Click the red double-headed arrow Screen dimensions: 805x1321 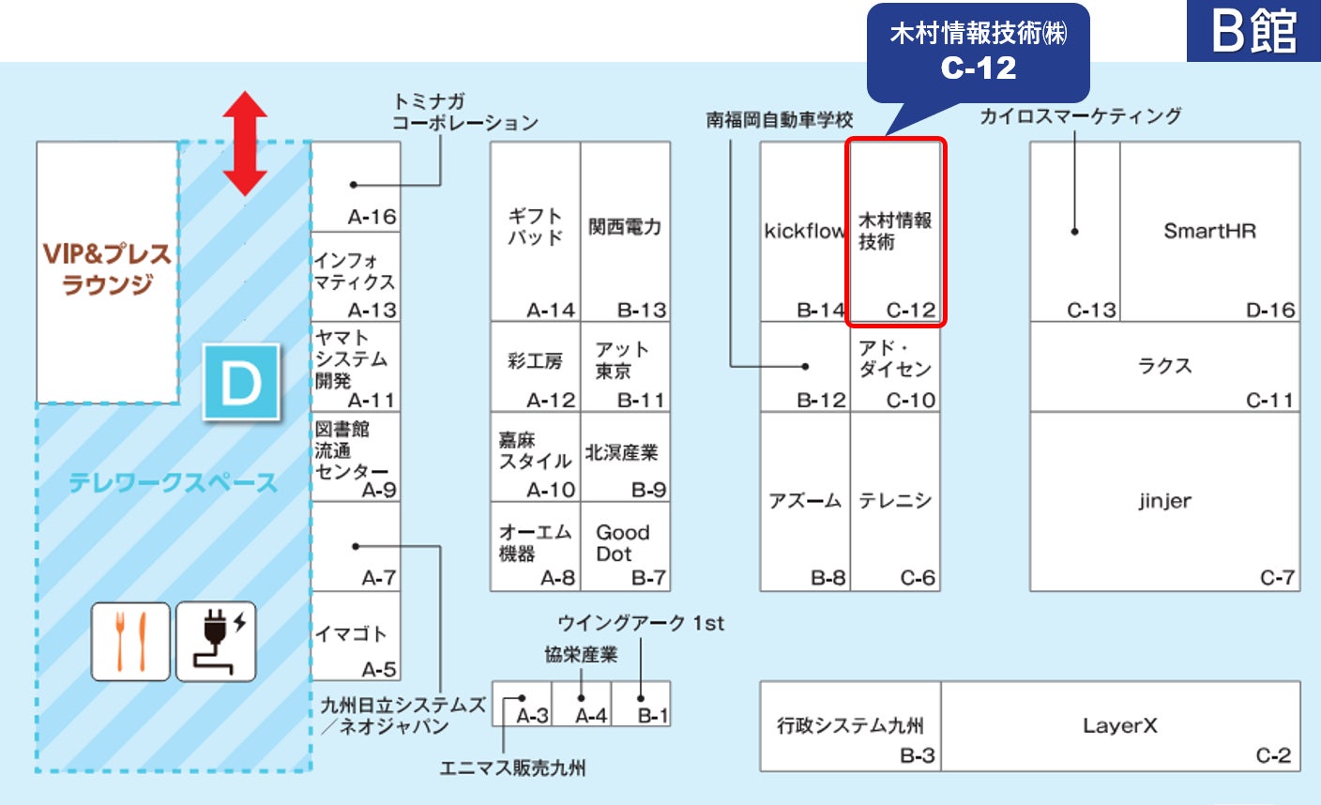click(x=245, y=143)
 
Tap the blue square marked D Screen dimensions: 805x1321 click(x=241, y=383)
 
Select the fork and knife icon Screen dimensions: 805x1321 click(x=130, y=642)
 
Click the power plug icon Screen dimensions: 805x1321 click(x=216, y=642)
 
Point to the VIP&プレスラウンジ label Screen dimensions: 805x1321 click(x=107, y=268)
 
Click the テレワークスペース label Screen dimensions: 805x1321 click(x=174, y=483)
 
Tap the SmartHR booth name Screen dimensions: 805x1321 click(x=1209, y=231)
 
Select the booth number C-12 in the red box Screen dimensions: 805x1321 click(x=910, y=310)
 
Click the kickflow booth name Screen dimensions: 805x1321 click(x=804, y=231)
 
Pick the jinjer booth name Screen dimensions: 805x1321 click(x=1164, y=501)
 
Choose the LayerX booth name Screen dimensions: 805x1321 click(x=1119, y=725)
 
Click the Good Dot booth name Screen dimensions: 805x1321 click(x=622, y=543)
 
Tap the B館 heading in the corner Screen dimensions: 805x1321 click(x=1253, y=31)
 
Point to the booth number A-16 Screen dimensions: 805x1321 click(x=372, y=217)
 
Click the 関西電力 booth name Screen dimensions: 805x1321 click(x=625, y=227)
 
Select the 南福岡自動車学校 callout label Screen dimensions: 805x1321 click(x=780, y=120)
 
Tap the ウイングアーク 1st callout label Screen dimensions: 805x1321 click(x=641, y=623)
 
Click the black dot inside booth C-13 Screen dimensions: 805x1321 click(x=1075, y=231)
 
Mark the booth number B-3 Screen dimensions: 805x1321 click(x=917, y=755)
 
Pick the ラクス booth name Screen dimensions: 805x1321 click(x=1164, y=366)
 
